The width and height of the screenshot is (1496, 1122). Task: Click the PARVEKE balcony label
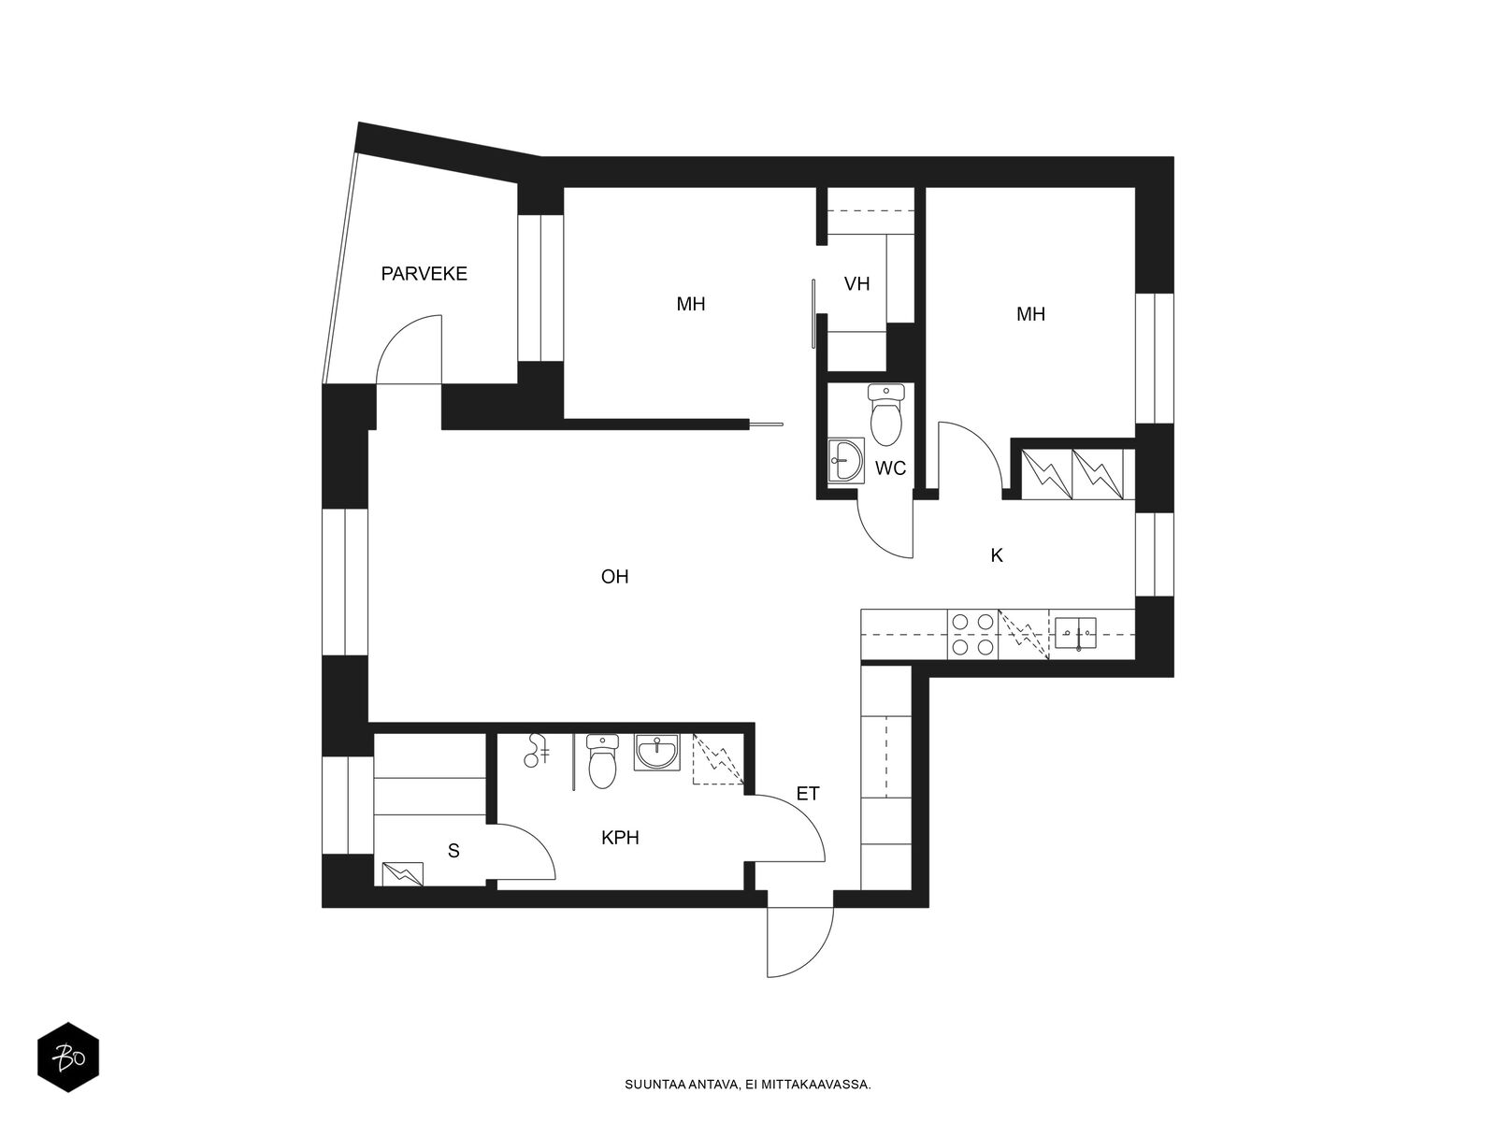[x=424, y=274]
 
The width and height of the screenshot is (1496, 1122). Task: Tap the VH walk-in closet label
[x=856, y=284]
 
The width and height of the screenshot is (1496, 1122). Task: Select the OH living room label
[x=614, y=577]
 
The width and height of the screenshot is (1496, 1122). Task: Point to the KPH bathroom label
[x=620, y=838]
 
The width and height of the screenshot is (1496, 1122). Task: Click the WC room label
[x=890, y=468]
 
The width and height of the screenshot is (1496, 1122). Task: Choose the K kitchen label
[x=997, y=556]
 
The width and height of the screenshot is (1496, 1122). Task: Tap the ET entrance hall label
[x=808, y=794]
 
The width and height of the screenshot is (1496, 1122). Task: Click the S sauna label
[x=453, y=851]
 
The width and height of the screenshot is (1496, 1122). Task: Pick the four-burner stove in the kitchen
[x=972, y=634]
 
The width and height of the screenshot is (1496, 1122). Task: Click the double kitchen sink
[x=1075, y=633]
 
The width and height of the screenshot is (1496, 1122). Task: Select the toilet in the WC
[x=886, y=414]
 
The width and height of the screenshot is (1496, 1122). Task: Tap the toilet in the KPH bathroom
[x=602, y=761]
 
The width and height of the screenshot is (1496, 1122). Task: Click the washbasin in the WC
[x=846, y=461]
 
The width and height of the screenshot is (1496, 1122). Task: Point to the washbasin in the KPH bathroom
[x=656, y=752]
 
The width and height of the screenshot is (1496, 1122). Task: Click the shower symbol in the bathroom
[x=537, y=751]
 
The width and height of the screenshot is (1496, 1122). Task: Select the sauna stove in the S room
[x=402, y=874]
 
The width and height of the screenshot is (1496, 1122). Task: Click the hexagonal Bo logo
[x=68, y=1057]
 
